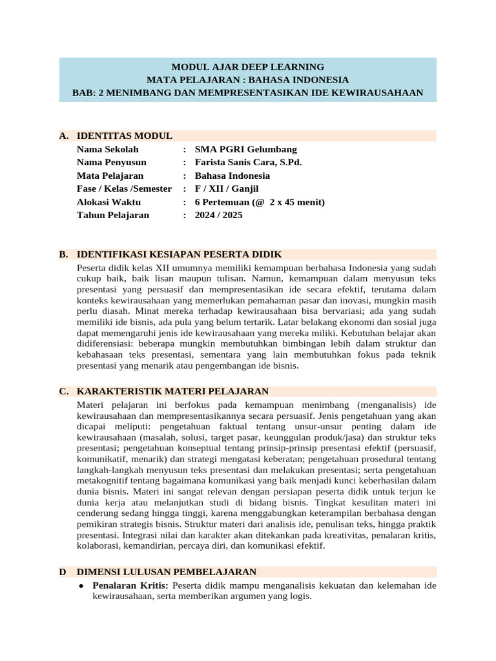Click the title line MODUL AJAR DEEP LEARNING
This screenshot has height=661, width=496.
(247, 66)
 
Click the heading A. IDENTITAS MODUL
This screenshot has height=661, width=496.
(124, 136)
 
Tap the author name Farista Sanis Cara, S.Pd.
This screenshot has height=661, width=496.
(248, 162)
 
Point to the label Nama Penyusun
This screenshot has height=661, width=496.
(111, 162)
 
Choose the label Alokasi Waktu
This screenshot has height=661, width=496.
(108, 202)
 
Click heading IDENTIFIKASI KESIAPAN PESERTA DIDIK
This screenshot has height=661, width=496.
(179, 254)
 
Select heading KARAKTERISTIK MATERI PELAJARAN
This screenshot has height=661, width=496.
(172, 391)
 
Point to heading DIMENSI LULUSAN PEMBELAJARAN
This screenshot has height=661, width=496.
(167, 572)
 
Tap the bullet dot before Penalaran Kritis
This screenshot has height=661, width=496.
(80, 585)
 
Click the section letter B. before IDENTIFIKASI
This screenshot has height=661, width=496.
(63, 254)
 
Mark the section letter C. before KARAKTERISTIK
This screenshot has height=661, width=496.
(63, 391)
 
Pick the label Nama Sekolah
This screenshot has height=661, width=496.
(107, 149)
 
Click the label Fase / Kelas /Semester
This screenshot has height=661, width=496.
(124, 188)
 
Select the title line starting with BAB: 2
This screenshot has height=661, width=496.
(247, 93)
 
